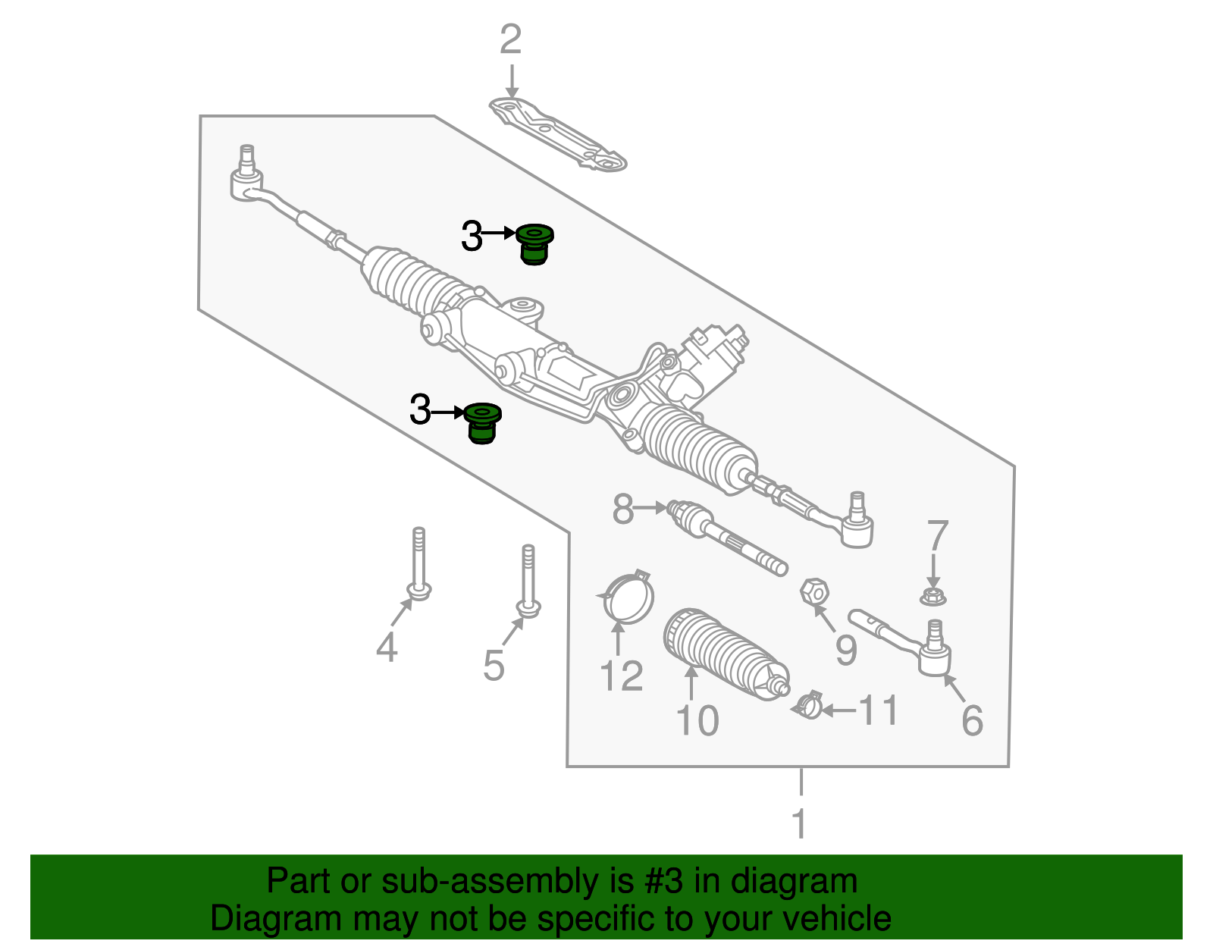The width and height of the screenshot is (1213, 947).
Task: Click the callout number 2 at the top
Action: point(510,40)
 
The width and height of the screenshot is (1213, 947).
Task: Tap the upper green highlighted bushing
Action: point(534,244)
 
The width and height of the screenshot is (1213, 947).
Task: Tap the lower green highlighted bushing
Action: point(482,423)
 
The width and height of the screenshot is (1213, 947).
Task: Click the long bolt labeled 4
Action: point(418,565)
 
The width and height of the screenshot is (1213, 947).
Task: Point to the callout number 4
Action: point(387,648)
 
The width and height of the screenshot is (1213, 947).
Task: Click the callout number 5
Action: point(494,666)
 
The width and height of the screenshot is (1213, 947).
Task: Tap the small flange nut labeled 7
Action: point(933,597)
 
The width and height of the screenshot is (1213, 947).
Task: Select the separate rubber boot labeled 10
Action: point(720,652)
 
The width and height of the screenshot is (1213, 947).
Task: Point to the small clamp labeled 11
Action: point(808,704)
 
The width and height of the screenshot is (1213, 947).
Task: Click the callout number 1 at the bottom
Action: point(800,824)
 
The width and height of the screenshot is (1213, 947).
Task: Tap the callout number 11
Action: point(878,711)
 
